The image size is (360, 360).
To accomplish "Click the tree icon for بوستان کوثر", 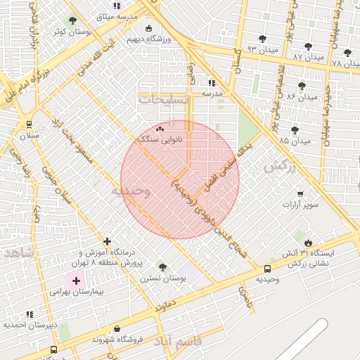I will [72, 21].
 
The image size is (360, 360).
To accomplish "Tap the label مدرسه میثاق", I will [116, 15].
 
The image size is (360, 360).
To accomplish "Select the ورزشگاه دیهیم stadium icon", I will [148, 29].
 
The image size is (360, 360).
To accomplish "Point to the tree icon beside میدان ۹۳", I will [262, 39].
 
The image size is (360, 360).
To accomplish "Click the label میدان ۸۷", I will [309, 56].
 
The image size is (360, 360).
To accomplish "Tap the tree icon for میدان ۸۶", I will [302, 86].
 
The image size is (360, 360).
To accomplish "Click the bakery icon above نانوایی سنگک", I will [160, 129].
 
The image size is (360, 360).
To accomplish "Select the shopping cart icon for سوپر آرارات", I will [300, 194].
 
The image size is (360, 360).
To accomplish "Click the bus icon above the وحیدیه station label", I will [267, 269].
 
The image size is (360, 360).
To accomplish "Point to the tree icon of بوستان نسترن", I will [163, 267].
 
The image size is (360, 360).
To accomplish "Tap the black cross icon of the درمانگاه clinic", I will [107, 241].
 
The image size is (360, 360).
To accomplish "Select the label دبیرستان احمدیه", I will [30, 325].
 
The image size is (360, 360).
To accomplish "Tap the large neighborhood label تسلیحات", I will [164, 101].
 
